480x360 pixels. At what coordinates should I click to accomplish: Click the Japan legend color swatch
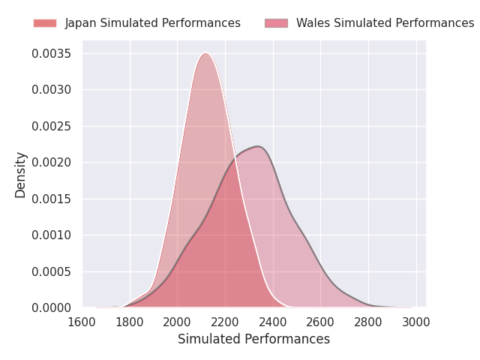tap(45, 23)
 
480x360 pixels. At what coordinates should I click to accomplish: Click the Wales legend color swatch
tap(277, 23)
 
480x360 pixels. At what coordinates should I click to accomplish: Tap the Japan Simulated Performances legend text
tap(153, 23)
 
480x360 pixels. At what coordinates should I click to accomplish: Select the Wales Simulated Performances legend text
tap(385, 23)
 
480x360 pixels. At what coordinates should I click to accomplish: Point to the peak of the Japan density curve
tap(206, 53)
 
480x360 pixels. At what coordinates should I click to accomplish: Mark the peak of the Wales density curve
tap(258, 146)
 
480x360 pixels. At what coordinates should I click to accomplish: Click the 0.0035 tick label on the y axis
tap(52, 53)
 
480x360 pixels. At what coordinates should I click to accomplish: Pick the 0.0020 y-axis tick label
tap(52, 162)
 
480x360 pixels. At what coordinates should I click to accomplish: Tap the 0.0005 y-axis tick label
tap(52, 271)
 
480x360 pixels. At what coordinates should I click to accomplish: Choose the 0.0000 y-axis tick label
tap(52, 307)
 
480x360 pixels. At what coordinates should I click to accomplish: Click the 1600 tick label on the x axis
tap(82, 322)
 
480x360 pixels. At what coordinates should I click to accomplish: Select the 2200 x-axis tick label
tap(225, 322)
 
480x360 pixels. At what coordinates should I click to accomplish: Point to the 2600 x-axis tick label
tap(320, 322)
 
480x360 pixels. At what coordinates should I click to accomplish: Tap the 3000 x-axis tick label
tap(416, 322)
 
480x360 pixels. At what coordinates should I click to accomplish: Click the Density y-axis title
tap(20, 175)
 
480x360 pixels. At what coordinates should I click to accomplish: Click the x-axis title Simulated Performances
tap(254, 339)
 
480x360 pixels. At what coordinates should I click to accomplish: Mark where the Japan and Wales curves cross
tap(235, 159)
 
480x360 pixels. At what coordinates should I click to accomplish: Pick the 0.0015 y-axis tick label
tap(52, 199)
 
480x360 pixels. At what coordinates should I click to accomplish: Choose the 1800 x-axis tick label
tap(130, 322)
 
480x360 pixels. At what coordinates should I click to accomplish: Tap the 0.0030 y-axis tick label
tap(52, 90)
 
